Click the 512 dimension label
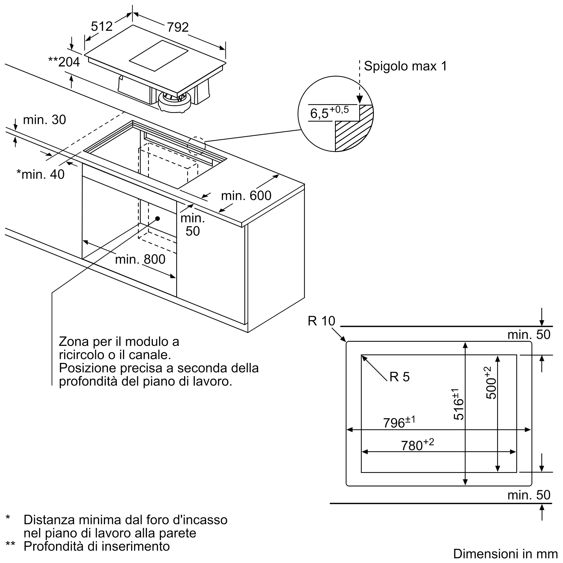(x=101, y=26)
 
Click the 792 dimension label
(x=177, y=27)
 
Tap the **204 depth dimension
(x=64, y=62)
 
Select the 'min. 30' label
(x=44, y=120)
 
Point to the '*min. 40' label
(x=41, y=174)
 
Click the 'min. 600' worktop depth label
(x=246, y=196)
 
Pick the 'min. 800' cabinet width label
(x=140, y=259)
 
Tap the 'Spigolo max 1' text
(x=405, y=66)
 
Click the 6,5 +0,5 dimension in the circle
(x=329, y=113)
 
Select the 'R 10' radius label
(x=321, y=321)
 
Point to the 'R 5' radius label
(x=399, y=377)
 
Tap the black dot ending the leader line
(x=158, y=218)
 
